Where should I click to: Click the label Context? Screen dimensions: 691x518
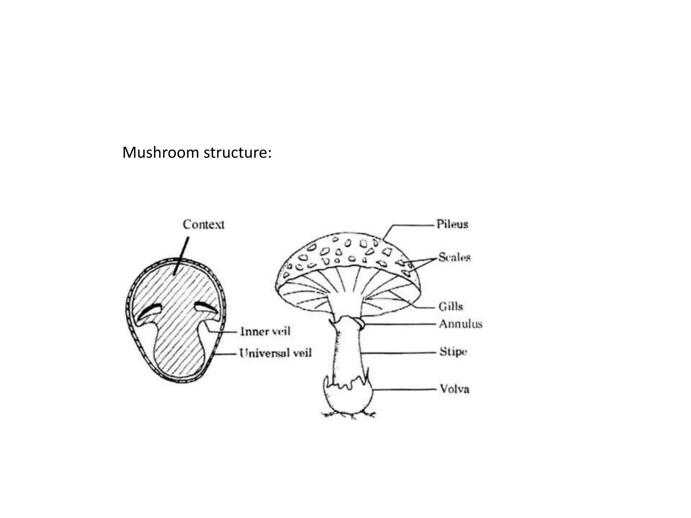click(x=203, y=225)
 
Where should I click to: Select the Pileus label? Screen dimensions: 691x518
click(x=452, y=224)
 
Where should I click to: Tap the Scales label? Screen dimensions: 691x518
click(x=454, y=258)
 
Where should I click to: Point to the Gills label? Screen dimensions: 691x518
click(x=450, y=307)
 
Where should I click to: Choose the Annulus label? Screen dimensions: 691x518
click(x=461, y=324)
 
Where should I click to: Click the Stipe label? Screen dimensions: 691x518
click(x=453, y=352)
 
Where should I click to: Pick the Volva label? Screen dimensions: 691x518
click(x=454, y=389)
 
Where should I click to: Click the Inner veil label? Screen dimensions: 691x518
click(x=265, y=332)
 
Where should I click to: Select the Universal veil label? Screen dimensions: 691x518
click(x=275, y=353)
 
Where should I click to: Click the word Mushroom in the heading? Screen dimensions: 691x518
click(x=160, y=152)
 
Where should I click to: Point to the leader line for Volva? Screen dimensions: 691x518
click(x=405, y=390)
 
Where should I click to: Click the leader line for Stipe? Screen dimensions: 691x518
click(x=400, y=353)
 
